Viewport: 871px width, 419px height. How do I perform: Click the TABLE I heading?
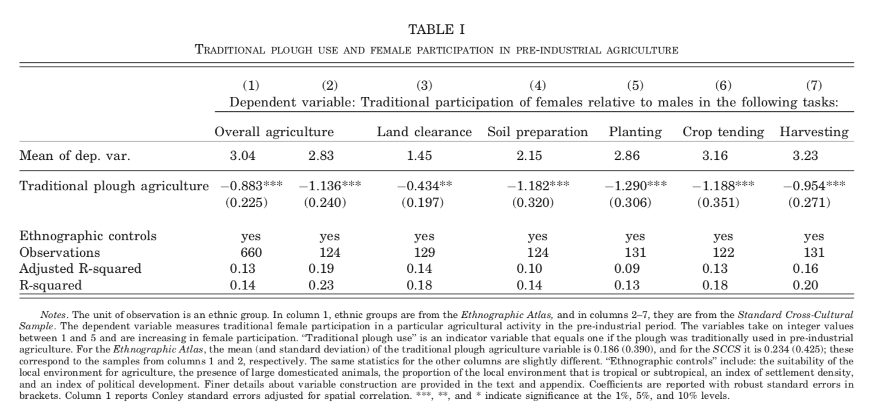[x=437, y=29]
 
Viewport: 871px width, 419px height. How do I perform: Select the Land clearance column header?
[x=424, y=132]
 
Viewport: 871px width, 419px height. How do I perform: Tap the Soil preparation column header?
[x=537, y=132]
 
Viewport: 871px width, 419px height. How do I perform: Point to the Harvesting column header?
[x=813, y=132]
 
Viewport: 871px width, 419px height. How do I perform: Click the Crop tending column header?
[x=723, y=132]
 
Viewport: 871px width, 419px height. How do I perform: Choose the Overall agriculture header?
[x=274, y=132]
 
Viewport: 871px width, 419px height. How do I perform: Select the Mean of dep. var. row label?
[x=74, y=156]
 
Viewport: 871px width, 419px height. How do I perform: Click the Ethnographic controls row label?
[x=88, y=236]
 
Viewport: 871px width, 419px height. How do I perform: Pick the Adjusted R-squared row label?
[x=80, y=269]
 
